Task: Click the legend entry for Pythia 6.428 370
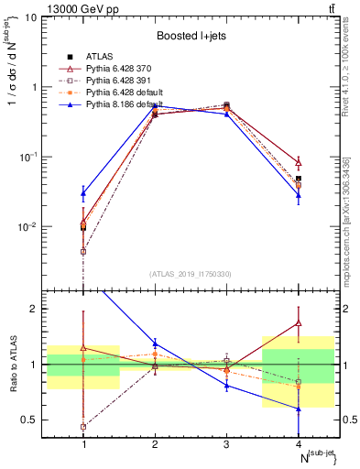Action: pos(119,69)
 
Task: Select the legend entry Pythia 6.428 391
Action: pos(119,81)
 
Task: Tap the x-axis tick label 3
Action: pos(226,444)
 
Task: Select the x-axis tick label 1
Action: pos(83,444)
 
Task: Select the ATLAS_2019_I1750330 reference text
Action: pos(191,274)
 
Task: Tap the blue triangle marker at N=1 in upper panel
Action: pos(83,193)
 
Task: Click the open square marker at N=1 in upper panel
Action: pos(83,251)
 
